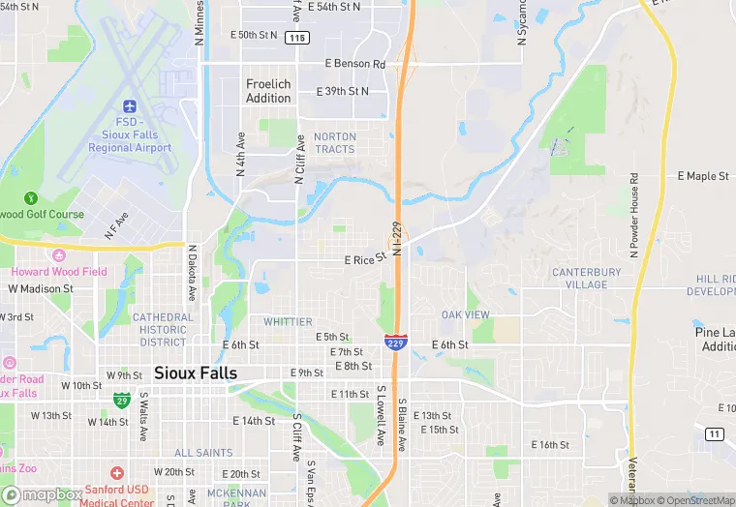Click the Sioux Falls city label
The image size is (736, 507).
pos(196,373)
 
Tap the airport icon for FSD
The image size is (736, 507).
pos(130,104)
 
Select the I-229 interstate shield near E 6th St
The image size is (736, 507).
pos(395,343)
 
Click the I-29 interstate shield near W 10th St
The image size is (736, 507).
pos(122,399)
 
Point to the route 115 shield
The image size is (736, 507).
pos(297,38)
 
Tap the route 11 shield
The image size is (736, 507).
pos(715,433)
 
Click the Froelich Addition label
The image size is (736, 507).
pos(268,91)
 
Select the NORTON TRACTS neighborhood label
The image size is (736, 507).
pos(335,143)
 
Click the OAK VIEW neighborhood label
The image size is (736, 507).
pos(465,315)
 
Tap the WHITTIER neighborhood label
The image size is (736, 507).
pos(288,321)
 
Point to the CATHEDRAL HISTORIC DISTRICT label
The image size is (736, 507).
pos(163,329)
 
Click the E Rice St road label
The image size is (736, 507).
pos(364,259)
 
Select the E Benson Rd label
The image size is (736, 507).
pos(354,64)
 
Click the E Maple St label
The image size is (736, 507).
pos(702,176)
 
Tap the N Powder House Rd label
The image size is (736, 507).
pos(635,215)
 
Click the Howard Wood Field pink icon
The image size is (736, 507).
pos(58,255)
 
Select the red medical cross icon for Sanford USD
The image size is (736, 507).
pos(117,473)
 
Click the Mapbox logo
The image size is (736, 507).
pos(43,494)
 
